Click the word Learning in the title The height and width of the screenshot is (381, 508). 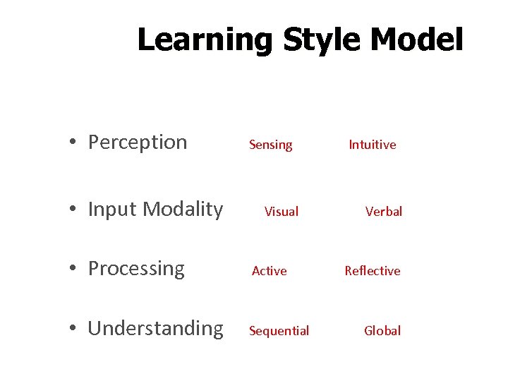coord(205,40)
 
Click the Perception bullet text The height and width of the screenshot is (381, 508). coord(138,143)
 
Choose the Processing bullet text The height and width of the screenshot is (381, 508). coord(136,269)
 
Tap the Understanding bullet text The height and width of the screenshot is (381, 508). coord(155,329)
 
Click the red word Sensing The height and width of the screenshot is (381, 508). coord(270,145)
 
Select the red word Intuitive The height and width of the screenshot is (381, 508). coord(372,145)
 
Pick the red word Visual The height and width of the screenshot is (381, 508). coord(282,212)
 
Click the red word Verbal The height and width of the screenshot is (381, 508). coord(384,212)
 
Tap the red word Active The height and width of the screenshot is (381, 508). coord(270,271)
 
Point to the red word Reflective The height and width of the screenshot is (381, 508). coord(372,271)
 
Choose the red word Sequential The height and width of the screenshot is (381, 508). coord(279,331)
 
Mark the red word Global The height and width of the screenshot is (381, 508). coord(382,331)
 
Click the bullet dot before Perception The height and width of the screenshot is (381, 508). coord(73,143)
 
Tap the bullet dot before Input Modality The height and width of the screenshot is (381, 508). coord(73,210)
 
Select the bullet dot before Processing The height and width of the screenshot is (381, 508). coord(73,270)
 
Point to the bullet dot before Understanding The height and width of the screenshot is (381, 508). coord(73,329)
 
